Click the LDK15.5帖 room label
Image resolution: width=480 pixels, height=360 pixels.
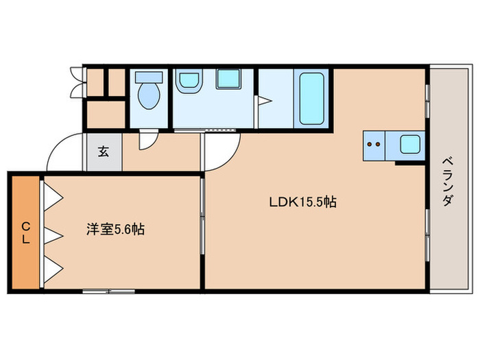(301, 203)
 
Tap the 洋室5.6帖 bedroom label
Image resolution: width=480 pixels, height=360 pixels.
(115, 230)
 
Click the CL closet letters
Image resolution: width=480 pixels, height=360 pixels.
(25, 232)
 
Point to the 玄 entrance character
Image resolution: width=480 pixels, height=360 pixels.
(103, 152)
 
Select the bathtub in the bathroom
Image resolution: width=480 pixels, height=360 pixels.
(311, 98)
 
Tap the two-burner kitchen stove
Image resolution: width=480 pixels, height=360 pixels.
(374, 145)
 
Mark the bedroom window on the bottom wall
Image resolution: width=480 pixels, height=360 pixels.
(108, 291)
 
